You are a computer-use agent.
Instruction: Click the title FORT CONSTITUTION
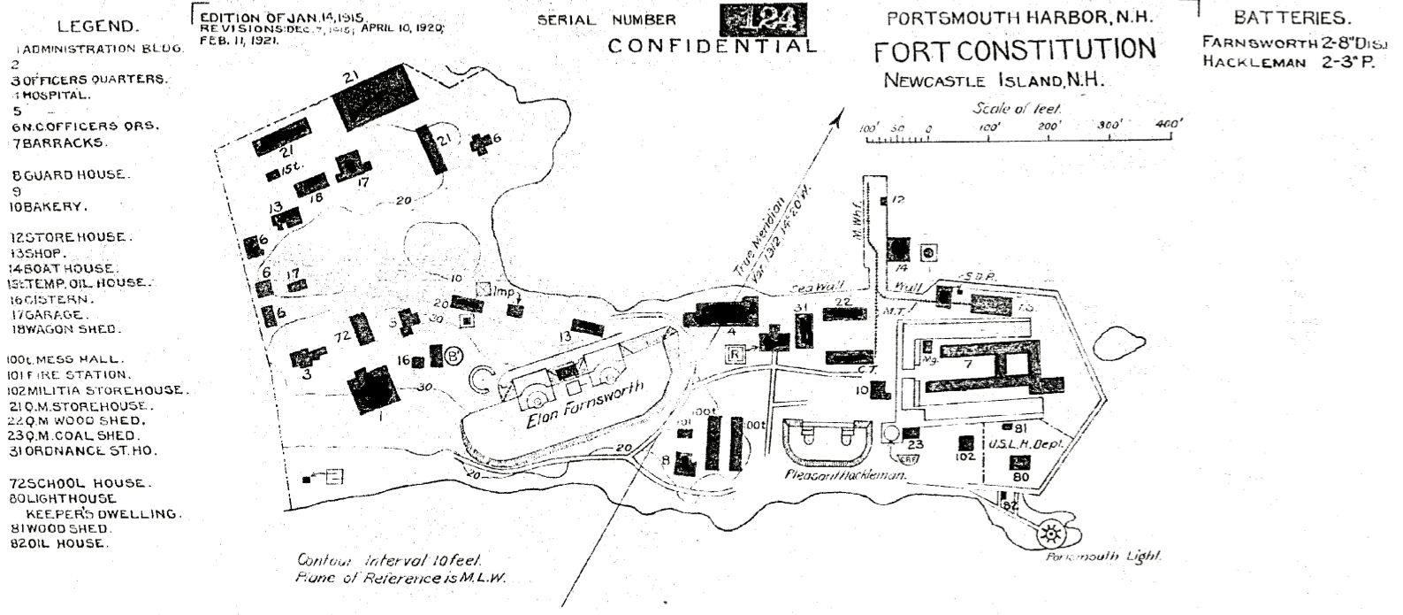1015,50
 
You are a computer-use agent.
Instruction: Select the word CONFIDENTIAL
713,45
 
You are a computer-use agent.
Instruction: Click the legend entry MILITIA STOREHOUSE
97,390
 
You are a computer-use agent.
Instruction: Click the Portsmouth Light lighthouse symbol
1052,534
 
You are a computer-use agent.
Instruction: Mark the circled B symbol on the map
454,356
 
